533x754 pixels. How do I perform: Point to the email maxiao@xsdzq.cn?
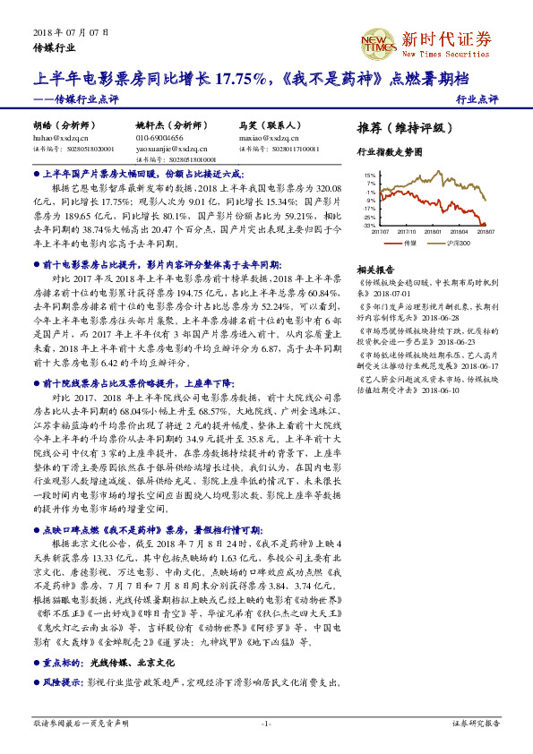[x=268, y=139]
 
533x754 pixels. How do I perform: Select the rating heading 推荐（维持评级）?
[x=400, y=127]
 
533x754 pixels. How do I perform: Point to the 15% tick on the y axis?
[x=369, y=176]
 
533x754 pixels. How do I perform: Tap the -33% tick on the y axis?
[x=369, y=226]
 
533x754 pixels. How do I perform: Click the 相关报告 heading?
[x=375, y=269]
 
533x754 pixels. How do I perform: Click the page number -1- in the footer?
[x=266, y=722]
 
